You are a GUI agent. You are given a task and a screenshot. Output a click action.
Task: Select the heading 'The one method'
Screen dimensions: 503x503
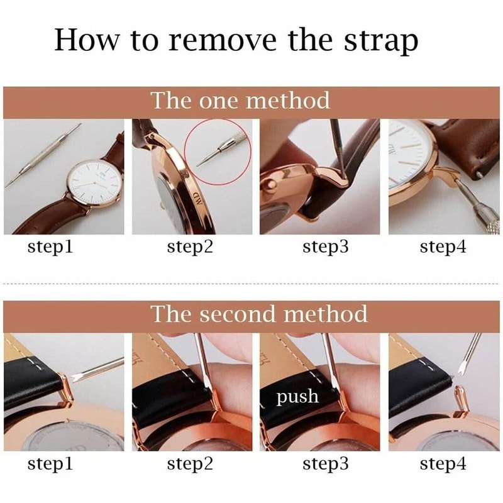240,101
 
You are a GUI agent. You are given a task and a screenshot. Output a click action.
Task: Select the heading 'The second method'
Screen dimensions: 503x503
259,313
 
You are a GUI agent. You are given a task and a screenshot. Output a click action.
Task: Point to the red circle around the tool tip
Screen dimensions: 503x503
218,151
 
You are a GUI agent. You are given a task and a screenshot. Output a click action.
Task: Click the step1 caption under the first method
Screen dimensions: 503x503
50,247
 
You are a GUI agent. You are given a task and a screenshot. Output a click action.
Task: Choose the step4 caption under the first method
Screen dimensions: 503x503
443,247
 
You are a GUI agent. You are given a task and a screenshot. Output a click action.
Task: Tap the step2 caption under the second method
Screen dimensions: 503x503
191,465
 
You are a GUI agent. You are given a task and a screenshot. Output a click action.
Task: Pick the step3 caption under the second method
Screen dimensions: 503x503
326,465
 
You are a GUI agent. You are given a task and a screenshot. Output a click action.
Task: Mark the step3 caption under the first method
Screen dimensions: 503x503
326,247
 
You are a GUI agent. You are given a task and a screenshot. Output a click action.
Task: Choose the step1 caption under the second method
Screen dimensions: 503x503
50,465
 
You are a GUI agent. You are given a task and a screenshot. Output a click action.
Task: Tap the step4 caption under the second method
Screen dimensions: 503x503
443,465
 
